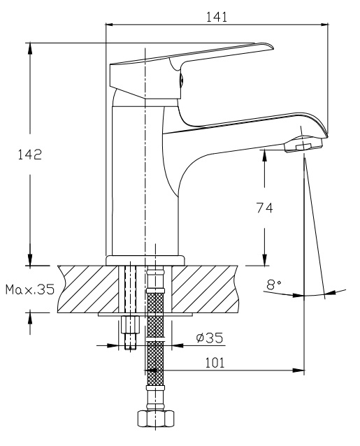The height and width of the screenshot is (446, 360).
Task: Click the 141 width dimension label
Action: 217,17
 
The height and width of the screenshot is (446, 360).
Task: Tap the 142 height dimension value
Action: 30,154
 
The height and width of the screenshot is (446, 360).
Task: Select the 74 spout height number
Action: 264,208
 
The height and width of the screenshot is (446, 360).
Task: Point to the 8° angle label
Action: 274,285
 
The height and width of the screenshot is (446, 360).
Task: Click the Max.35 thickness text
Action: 30,289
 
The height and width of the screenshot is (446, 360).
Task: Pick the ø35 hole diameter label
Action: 210,338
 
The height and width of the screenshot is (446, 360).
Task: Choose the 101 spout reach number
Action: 215,363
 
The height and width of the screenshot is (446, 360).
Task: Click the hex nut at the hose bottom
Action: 156,419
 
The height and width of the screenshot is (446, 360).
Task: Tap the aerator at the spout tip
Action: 303,145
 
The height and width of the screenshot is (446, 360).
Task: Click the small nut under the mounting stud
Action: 131,324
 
